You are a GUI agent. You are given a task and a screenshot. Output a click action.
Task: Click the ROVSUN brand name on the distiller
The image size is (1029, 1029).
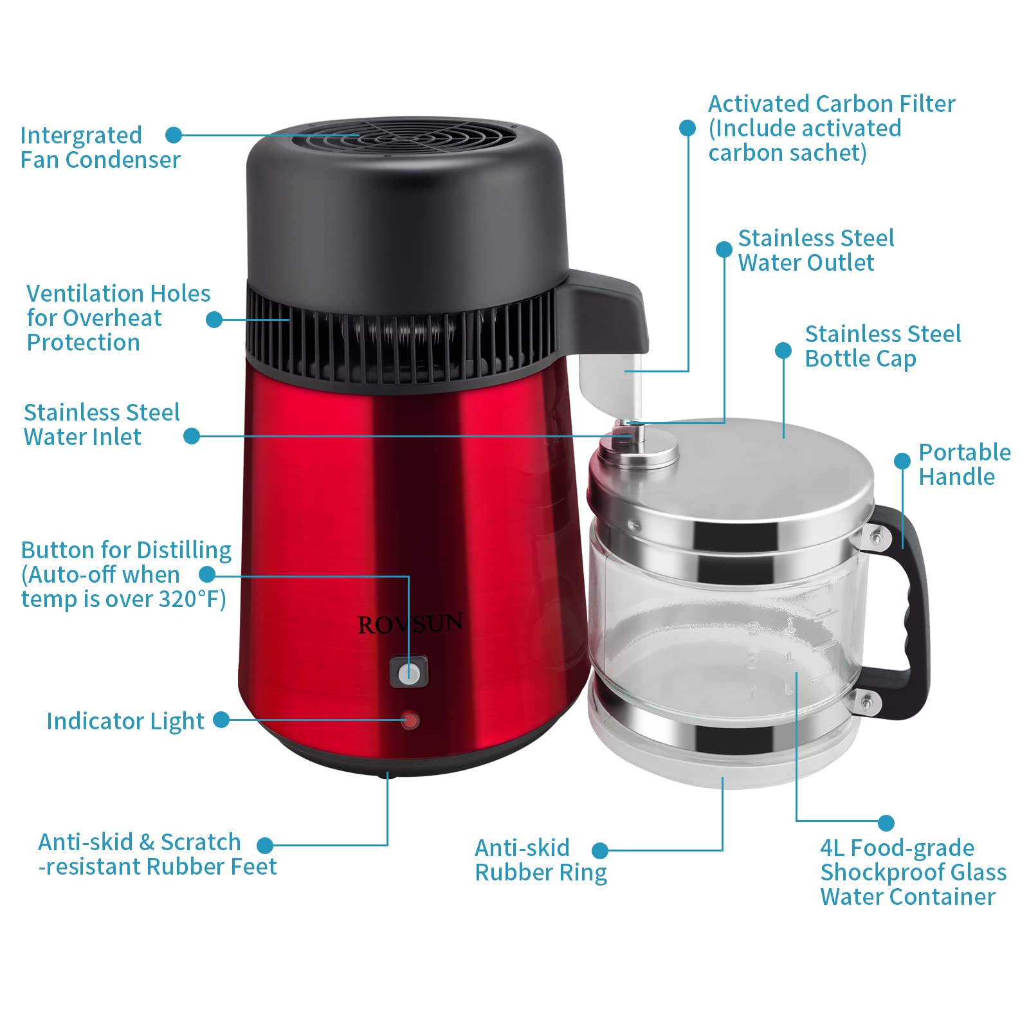410,623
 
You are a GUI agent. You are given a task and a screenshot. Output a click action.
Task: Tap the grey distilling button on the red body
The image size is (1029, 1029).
409,673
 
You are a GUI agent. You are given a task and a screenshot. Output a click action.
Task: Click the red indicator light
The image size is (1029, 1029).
410,720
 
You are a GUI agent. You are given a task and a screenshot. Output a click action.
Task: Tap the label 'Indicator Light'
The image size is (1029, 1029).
125,721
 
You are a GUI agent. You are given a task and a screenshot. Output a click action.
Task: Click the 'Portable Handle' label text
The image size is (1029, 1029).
963,464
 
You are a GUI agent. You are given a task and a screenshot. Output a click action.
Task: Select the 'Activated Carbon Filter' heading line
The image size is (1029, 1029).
831,104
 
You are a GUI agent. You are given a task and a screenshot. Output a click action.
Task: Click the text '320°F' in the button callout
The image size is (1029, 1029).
192,599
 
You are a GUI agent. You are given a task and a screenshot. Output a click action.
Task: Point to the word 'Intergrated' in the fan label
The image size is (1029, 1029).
81,135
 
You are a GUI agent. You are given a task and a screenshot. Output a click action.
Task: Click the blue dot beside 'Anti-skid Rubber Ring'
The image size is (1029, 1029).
599,851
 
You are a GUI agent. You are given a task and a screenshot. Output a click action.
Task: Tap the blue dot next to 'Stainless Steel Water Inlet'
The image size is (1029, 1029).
191,436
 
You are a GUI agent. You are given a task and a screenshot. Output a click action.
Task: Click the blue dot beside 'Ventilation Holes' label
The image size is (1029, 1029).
214,319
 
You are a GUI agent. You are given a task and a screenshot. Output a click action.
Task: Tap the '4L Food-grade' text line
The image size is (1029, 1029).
897,848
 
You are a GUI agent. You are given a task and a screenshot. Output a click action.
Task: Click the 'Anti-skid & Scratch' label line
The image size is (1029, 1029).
139,842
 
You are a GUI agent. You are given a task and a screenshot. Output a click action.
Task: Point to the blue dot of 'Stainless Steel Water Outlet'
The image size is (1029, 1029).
724,250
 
